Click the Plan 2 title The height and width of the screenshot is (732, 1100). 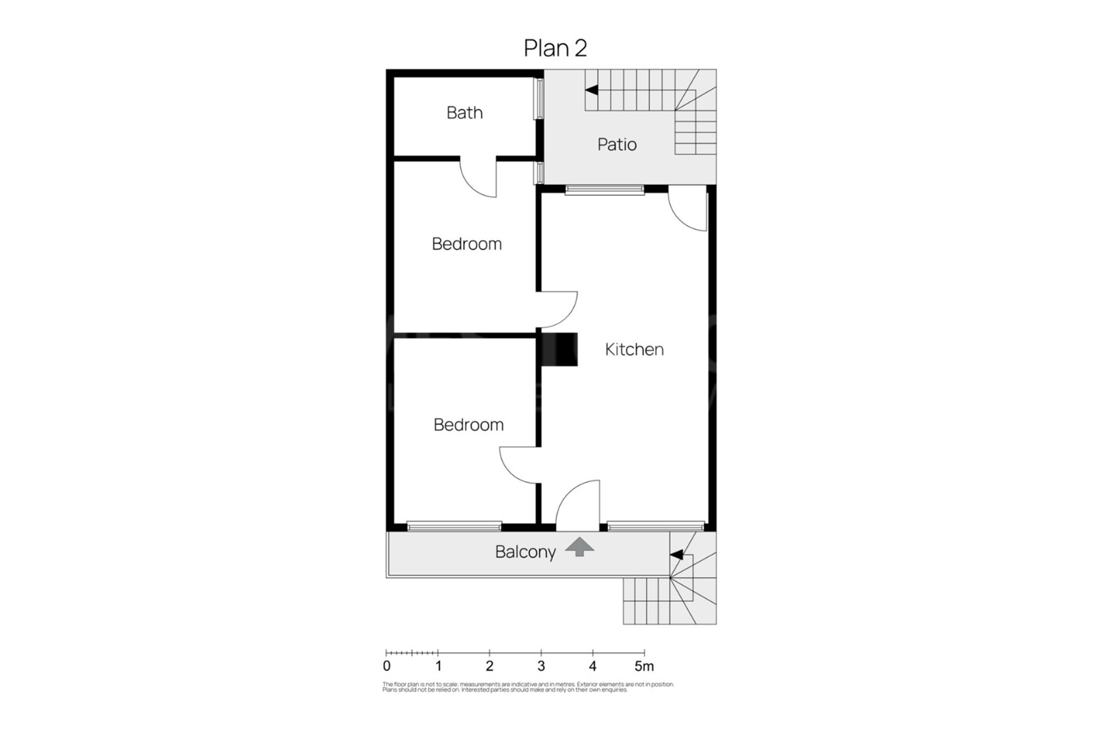[x=555, y=48]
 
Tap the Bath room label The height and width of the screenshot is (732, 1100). [x=465, y=113]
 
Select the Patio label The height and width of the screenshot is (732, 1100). [x=617, y=144]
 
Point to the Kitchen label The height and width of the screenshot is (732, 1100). [x=634, y=349]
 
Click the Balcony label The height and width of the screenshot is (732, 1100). [x=525, y=552]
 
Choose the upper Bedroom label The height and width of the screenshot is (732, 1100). [x=467, y=244]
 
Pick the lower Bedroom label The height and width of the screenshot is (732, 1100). [x=469, y=425]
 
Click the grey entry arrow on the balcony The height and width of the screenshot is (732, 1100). [x=580, y=547]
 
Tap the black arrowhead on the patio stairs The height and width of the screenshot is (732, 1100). [x=591, y=90]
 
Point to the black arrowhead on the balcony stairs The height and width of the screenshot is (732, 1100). [x=677, y=554]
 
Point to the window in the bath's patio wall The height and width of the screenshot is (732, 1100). [x=539, y=99]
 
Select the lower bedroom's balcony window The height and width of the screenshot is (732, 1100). [x=454, y=526]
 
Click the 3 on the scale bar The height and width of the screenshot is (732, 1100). [x=541, y=666]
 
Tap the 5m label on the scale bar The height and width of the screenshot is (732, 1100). [x=644, y=666]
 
